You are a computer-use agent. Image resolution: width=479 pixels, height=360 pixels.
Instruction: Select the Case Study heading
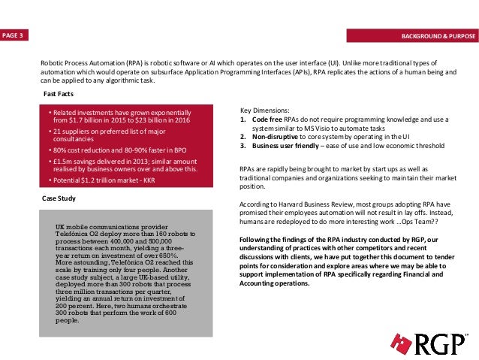pos(59,198)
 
